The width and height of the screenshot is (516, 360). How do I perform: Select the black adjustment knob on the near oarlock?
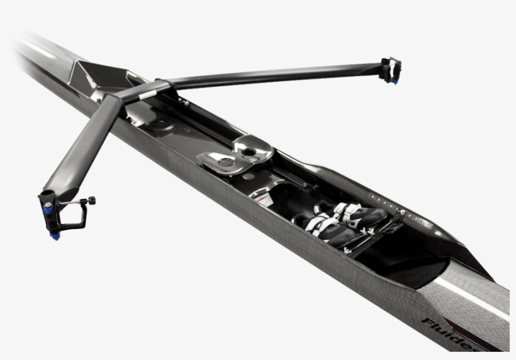point(91,200)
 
